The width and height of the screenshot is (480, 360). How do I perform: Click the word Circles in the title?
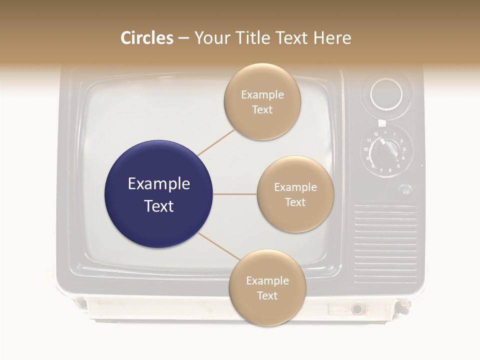tap(147, 38)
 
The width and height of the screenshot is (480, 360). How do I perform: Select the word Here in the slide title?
tap(332, 38)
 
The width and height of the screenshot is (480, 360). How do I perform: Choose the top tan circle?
tap(262, 101)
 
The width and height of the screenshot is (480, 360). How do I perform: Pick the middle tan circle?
tap(295, 194)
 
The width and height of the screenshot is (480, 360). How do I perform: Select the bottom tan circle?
tap(267, 287)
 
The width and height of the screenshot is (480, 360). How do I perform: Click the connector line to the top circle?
tap(216, 142)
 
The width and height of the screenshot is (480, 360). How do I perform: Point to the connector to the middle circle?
tap(234, 194)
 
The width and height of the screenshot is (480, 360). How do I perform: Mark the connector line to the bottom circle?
tap(218, 246)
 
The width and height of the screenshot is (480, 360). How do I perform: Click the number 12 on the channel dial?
tap(376, 134)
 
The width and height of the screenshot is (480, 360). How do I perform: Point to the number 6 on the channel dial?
tap(390, 170)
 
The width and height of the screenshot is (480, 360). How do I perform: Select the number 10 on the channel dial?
tap(366, 149)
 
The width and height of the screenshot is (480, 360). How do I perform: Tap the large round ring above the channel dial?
tap(386, 94)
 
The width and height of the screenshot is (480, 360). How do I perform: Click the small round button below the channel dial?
tap(406, 189)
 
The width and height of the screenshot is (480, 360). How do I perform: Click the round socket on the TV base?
tap(357, 309)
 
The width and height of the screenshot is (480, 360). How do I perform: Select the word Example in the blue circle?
tap(158, 184)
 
